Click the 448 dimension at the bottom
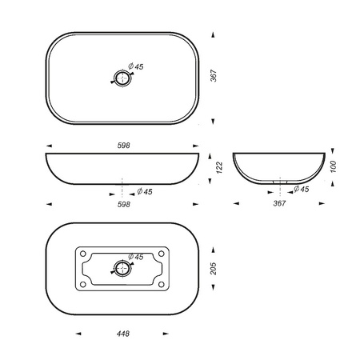pyautogui.click(x=123, y=334)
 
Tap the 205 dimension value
pyautogui.click(x=214, y=269)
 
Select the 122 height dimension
pyautogui.click(x=219, y=168)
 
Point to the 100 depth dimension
pyautogui.click(x=334, y=166)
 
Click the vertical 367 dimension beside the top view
pyautogui.click(x=214, y=76)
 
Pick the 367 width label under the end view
pyautogui.click(x=279, y=203)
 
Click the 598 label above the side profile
pyautogui.click(x=124, y=146)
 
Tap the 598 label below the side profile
pyautogui.click(x=124, y=204)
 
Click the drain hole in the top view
pyautogui.click(x=122, y=78)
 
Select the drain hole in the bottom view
pyautogui.click(x=122, y=268)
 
